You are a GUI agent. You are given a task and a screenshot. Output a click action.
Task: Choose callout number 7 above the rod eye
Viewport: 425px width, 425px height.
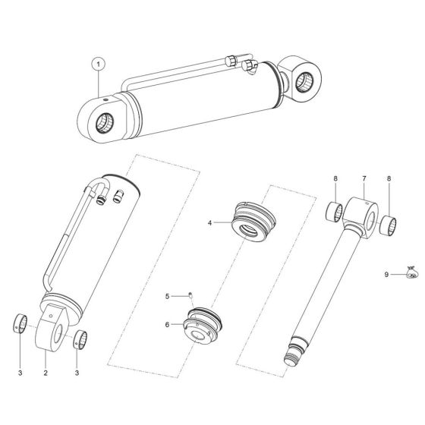[364, 179]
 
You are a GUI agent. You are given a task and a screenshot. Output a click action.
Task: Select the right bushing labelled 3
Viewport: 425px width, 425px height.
[79, 339]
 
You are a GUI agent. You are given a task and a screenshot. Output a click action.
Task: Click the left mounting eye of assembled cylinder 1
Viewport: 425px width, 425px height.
[105, 121]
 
